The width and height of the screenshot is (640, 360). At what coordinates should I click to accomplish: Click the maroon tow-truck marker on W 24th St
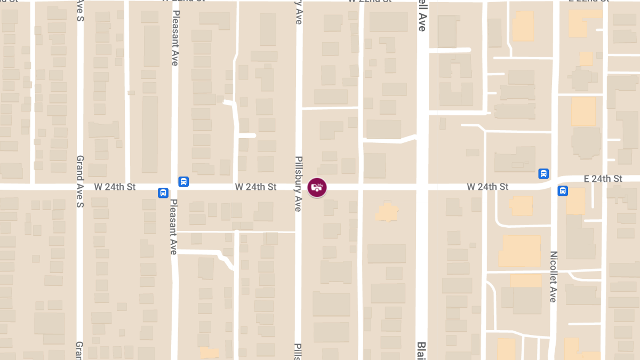tap(317, 187)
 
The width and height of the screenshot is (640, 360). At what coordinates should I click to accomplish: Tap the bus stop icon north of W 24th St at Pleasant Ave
tap(183, 181)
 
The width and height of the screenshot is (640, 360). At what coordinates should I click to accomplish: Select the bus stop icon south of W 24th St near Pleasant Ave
tap(163, 193)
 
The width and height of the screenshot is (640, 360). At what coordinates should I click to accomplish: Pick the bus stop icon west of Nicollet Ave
tap(543, 173)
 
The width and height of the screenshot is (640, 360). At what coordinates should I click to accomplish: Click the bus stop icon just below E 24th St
tap(563, 191)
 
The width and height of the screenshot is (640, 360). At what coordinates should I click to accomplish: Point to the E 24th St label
tap(603, 179)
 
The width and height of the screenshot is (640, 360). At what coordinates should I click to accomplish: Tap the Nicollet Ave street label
tap(553, 276)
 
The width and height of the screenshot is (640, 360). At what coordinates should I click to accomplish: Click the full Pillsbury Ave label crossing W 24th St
tap(299, 183)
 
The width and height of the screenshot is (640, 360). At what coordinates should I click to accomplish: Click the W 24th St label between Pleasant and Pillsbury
tap(255, 187)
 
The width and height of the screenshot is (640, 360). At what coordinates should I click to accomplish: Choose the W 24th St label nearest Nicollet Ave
tap(487, 187)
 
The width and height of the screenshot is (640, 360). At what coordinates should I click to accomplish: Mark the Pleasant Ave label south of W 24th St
tap(173, 227)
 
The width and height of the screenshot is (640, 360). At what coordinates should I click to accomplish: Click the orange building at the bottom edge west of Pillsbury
tap(209, 353)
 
